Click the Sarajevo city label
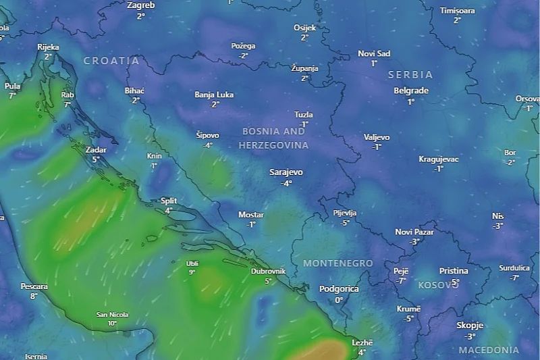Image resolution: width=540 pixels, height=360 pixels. tap(286, 172)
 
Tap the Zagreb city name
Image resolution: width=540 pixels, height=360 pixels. tap(140, 5)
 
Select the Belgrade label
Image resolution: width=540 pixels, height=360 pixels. tap(411, 91)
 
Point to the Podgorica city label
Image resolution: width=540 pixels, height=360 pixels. tap(339, 289)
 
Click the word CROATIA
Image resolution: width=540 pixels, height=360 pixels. tap(111, 61)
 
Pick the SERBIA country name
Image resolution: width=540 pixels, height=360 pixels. tap(410, 75)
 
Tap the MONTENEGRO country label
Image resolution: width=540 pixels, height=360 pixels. tap(338, 263)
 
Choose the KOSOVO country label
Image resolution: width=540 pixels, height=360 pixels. tap(438, 286)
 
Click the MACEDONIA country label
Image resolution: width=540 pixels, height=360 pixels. tap(489, 351)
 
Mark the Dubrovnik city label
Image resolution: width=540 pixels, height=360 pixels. tap(268, 271)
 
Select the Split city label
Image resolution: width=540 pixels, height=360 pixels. tap(169, 201)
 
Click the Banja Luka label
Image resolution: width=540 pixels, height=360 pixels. tap(214, 95)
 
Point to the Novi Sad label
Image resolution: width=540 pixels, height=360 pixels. tap(374, 53)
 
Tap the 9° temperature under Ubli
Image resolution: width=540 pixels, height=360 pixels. tap(192, 272)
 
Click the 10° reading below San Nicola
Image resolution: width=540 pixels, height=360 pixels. tap(112, 324)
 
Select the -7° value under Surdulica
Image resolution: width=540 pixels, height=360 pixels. tap(514, 278)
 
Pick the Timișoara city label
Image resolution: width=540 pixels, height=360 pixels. tap(457, 11)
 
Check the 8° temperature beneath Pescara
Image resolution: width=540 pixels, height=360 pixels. tap(34, 296)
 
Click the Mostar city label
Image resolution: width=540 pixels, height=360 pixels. tap(251, 215)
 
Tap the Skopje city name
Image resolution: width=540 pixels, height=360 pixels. tap(470, 326)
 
